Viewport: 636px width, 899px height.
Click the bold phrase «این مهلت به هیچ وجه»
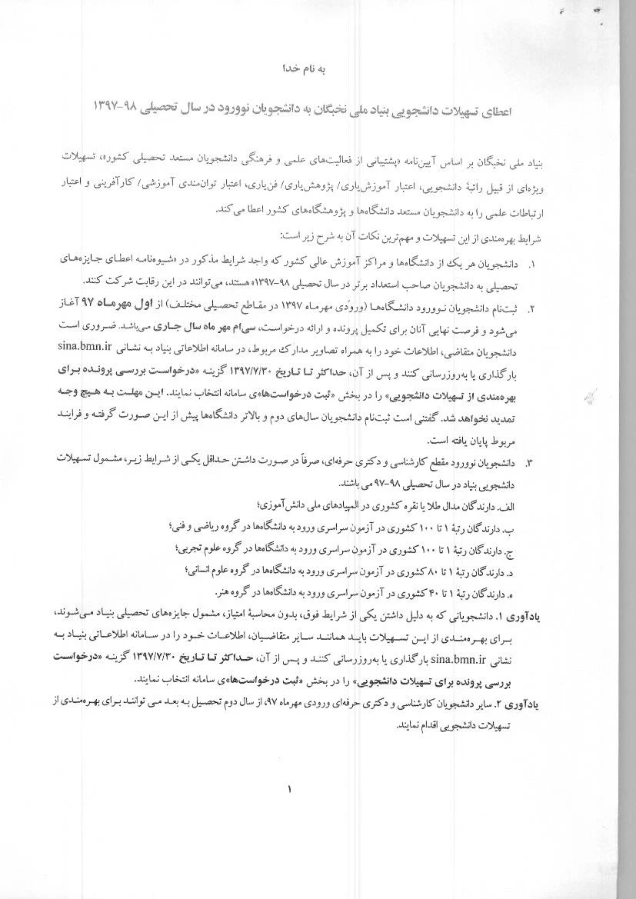[x=115, y=391]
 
